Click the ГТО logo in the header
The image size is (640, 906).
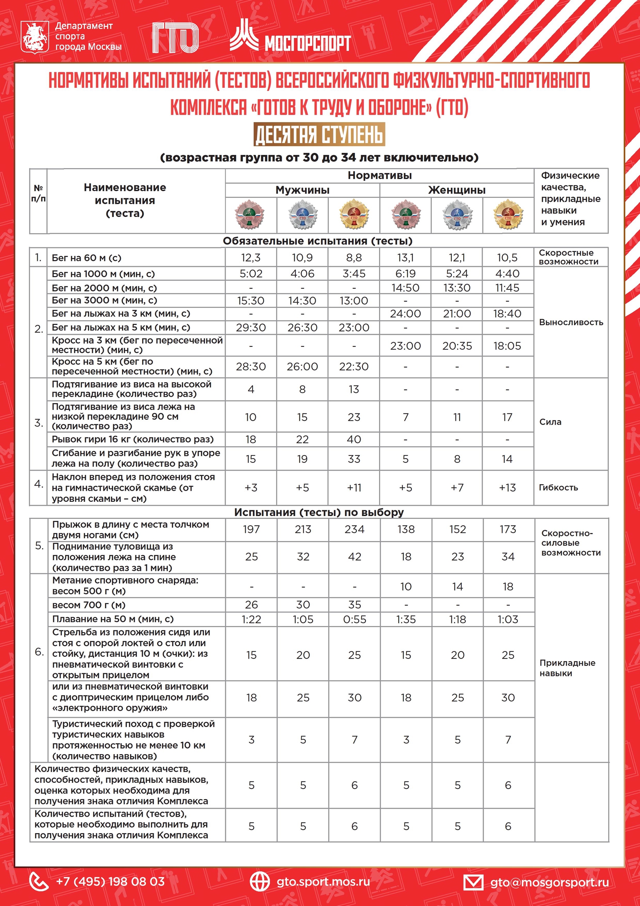point(175,38)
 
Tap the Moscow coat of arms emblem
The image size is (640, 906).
point(35,38)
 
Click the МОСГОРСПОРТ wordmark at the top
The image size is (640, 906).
point(307,42)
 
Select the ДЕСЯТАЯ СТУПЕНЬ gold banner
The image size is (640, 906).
point(319,134)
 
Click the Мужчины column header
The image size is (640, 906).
point(302,190)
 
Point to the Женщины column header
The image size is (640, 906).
point(456,190)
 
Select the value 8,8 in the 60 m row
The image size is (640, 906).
point(354,258)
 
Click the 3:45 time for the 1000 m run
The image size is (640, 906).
point(354,274)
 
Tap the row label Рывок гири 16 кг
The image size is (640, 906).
point(133,439)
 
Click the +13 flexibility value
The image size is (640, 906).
point(507,488)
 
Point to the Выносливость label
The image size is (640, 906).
point(571,322)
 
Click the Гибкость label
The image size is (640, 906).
point(558,487)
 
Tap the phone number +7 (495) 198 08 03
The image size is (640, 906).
point(110,882)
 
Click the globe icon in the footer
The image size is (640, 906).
point(260,882)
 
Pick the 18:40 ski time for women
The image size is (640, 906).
point(507,314)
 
